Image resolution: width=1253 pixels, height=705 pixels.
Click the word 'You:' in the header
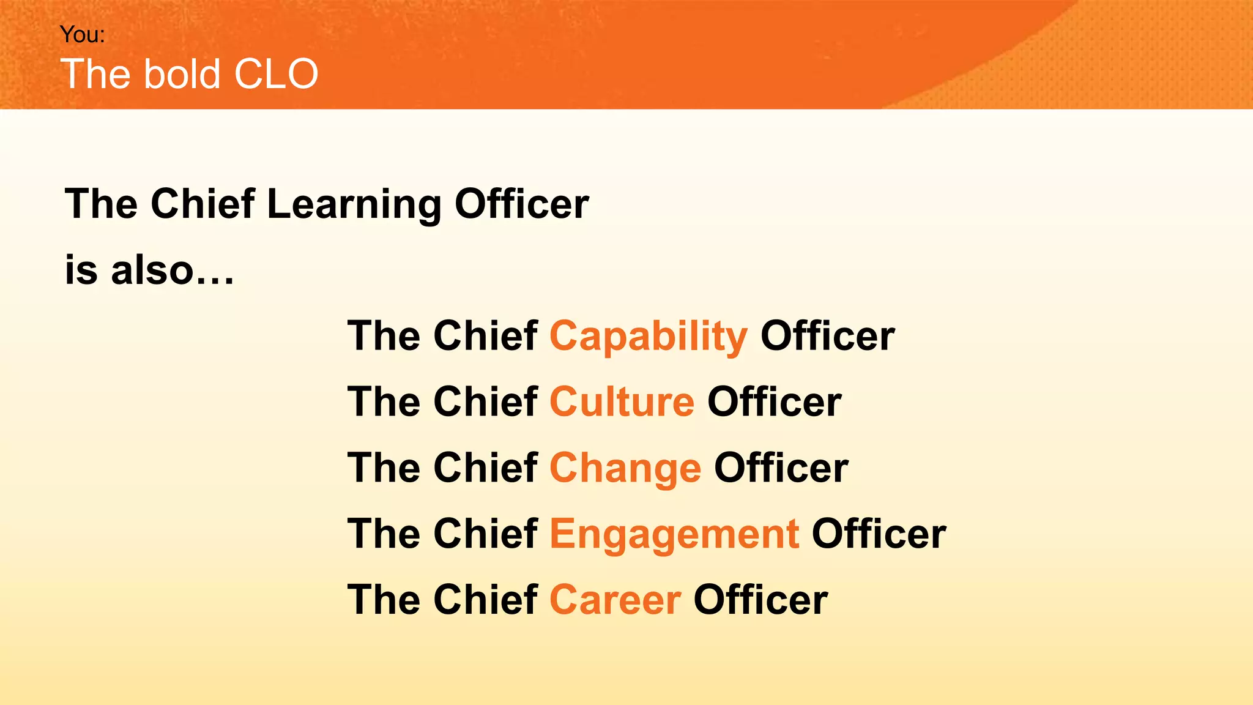(x=83, y=35)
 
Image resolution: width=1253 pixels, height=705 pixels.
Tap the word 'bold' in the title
(x=182, y=74)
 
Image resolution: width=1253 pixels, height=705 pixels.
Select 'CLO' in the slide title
(x=276, y=74)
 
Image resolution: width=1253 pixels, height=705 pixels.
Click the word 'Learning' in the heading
(x=354, y=204)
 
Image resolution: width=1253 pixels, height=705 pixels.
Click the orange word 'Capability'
(x=648, y=337)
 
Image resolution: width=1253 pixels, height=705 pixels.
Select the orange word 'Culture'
(x=622, y=402)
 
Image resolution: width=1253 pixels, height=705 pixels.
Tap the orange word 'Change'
(x=625, y=469)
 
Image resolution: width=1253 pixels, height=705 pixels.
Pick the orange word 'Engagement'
(x=674, y=534)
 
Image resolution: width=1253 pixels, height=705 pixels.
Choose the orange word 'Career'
(x=615, y=600)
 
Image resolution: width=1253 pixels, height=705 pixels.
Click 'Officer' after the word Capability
(x=827, y=336)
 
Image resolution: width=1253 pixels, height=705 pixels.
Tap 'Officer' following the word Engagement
(x=879, y=534)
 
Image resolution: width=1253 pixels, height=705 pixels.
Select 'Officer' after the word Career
(x=760, y=600)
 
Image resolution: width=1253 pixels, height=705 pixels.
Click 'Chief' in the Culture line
(x=485, y=402)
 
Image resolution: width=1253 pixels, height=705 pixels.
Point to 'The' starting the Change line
(x=383, y=468)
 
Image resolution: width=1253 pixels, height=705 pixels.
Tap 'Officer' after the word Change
(x=781, y=468)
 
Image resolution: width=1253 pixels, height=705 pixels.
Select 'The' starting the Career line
(x=383, y=600)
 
